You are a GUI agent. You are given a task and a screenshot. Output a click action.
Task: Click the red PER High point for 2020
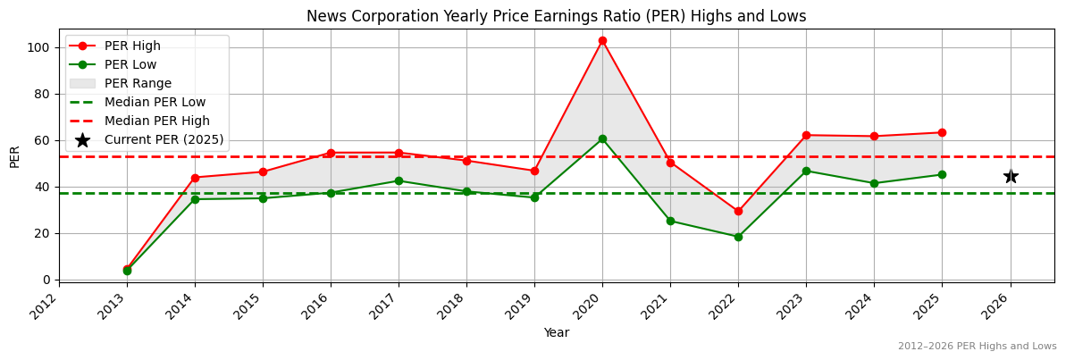[602, 40]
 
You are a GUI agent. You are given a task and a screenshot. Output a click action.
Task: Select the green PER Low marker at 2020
[602, 138]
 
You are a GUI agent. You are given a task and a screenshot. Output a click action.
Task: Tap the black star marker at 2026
[1011, 176]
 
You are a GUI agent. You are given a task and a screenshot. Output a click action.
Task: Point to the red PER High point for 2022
[738, 211]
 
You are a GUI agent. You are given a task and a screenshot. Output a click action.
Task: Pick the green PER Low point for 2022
[738, 237]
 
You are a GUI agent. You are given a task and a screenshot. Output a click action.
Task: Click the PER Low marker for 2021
[670, 221]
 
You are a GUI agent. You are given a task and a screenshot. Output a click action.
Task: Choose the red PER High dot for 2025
[942, 132]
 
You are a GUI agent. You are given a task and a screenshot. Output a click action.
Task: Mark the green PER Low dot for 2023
[806, 171]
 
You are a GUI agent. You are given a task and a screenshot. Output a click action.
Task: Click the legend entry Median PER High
[156, 121]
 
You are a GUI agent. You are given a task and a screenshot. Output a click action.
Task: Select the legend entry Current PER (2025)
[164, 139]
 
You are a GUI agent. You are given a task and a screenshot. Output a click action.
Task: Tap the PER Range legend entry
[138, 83]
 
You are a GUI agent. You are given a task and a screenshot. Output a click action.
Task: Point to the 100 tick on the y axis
[42, 47]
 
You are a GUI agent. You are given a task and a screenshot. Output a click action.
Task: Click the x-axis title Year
[556, 333]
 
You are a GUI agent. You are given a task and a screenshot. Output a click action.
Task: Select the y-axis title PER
[14, 155]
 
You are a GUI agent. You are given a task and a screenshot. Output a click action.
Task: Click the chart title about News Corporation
[556, 16]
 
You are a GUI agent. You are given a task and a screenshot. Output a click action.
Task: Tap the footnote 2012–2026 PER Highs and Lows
[977, 346]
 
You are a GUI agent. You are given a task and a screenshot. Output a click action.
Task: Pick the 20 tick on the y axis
[45, 233]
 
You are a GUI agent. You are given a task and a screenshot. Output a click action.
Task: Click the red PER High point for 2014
[195, 178]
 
